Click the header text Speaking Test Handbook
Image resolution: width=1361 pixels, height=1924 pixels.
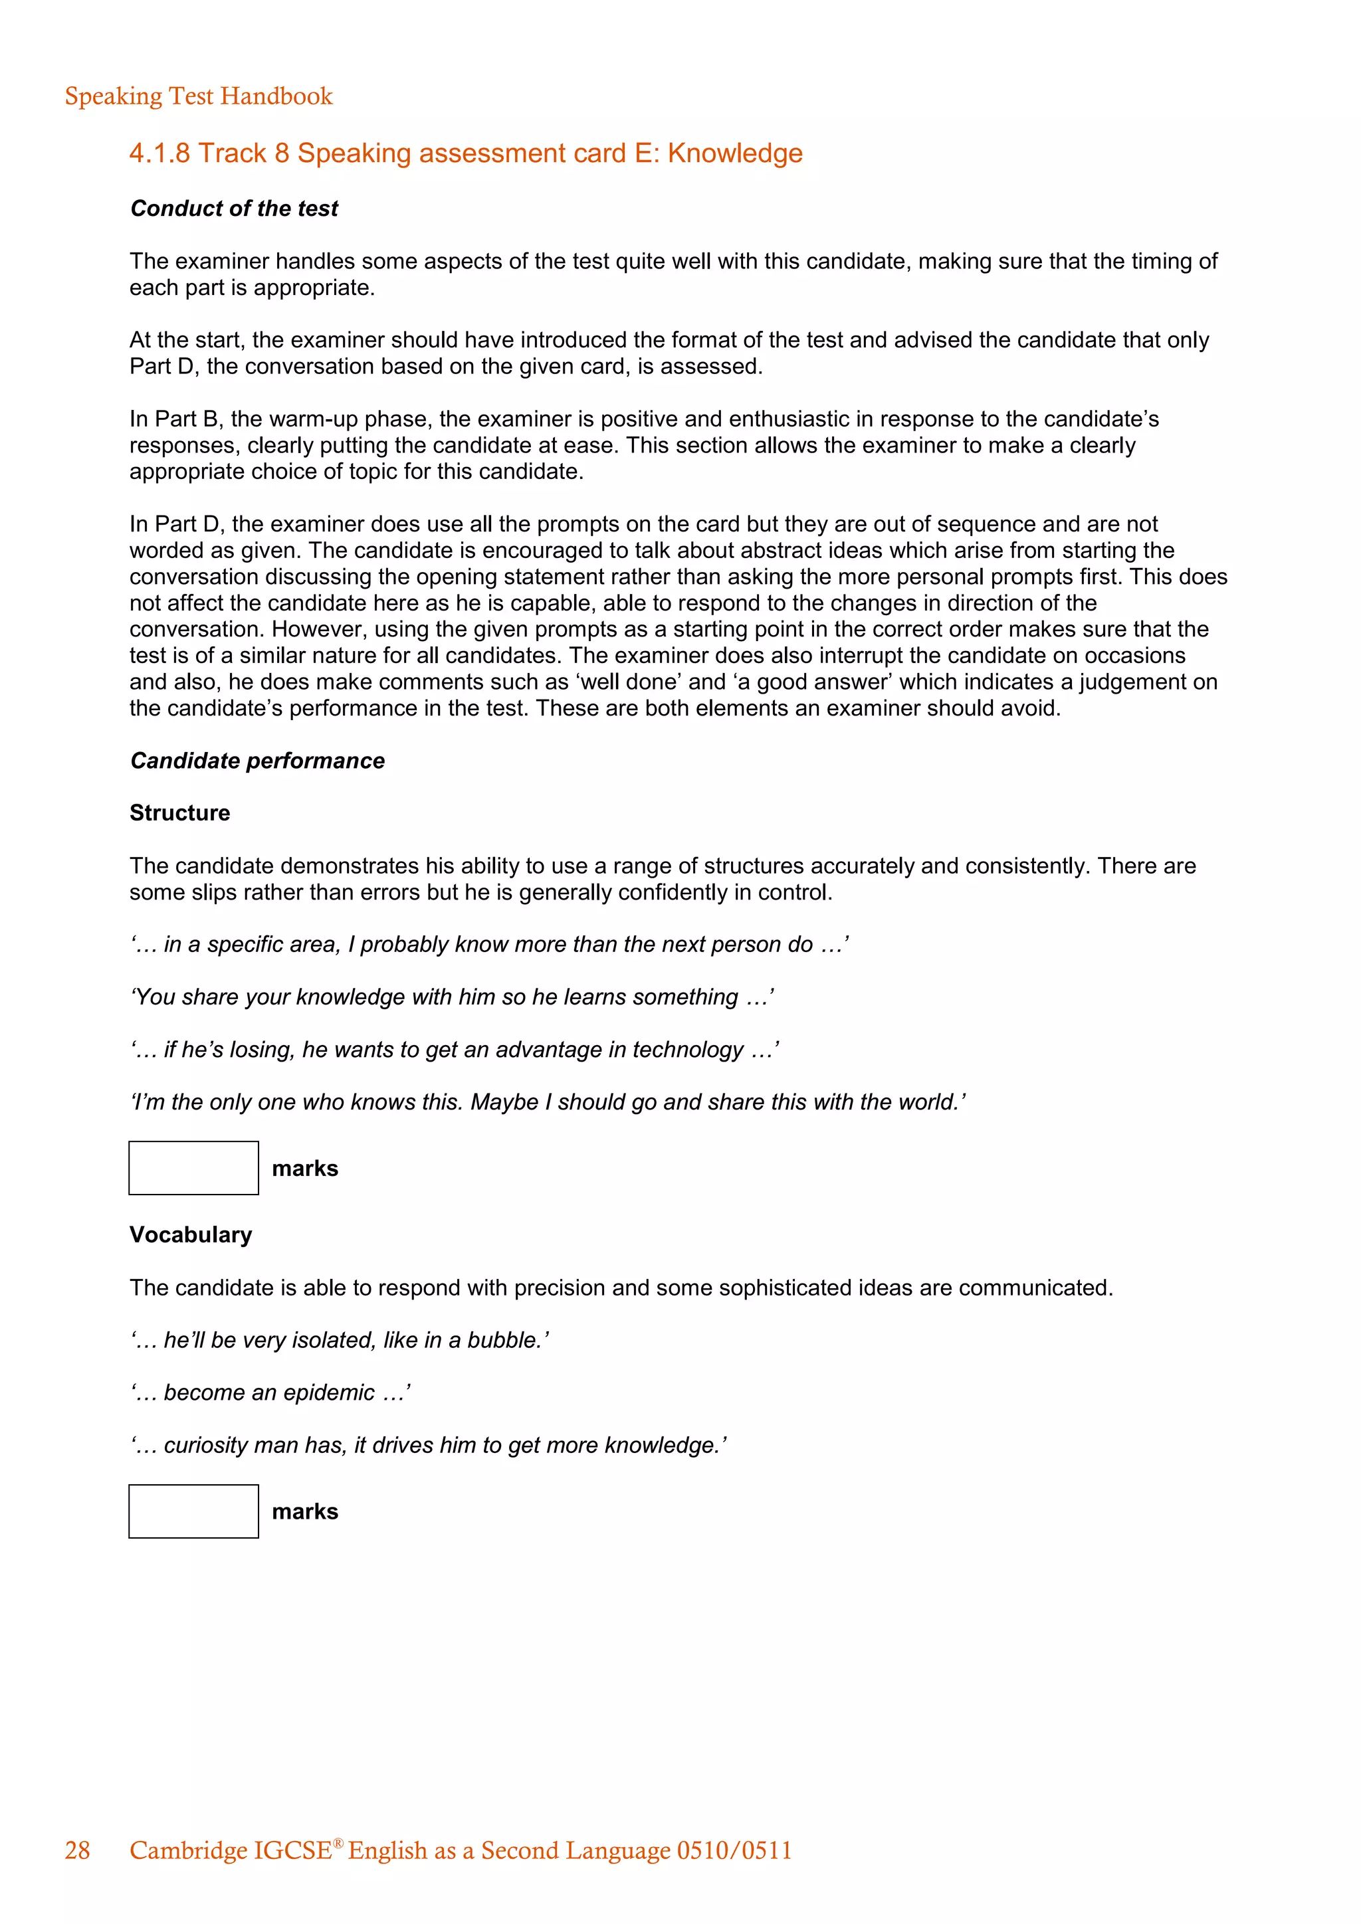(199, 96)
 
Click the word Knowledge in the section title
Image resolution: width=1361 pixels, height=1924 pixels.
(734, 153)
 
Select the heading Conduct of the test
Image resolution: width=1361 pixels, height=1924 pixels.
(234, 209)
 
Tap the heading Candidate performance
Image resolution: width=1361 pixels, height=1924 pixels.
(257, 761)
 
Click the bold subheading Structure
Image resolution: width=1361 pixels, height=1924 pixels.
(179, 813)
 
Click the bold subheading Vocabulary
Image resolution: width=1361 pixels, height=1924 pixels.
(190, 1234)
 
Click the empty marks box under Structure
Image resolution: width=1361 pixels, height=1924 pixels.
(193, 1168)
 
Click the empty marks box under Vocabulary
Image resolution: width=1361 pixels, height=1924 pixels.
(193, 1511)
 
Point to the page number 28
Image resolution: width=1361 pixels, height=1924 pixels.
(77, 1850)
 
